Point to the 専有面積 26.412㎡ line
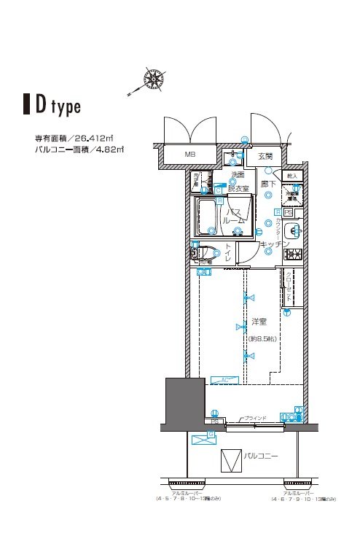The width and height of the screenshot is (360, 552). click(x=74, y=138)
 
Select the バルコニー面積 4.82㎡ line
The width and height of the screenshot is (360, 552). click(x=79, y=149)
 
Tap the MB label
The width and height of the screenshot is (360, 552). click(x=189, y=155)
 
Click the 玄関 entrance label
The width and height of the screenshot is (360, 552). click(x=265, y=156)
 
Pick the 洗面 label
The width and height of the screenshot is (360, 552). click(x=238, y=176)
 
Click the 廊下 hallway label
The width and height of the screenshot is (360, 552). click(x=269, y=184)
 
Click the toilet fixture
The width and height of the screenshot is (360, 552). click(x=205, y=253)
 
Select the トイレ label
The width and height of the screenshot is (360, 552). click(x=227, y=253)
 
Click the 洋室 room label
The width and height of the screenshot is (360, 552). click(x=259, y=321)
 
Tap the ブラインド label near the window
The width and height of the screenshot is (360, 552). click(x=255, y=418)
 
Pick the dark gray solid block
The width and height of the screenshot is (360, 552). click(x=182, y=402)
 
